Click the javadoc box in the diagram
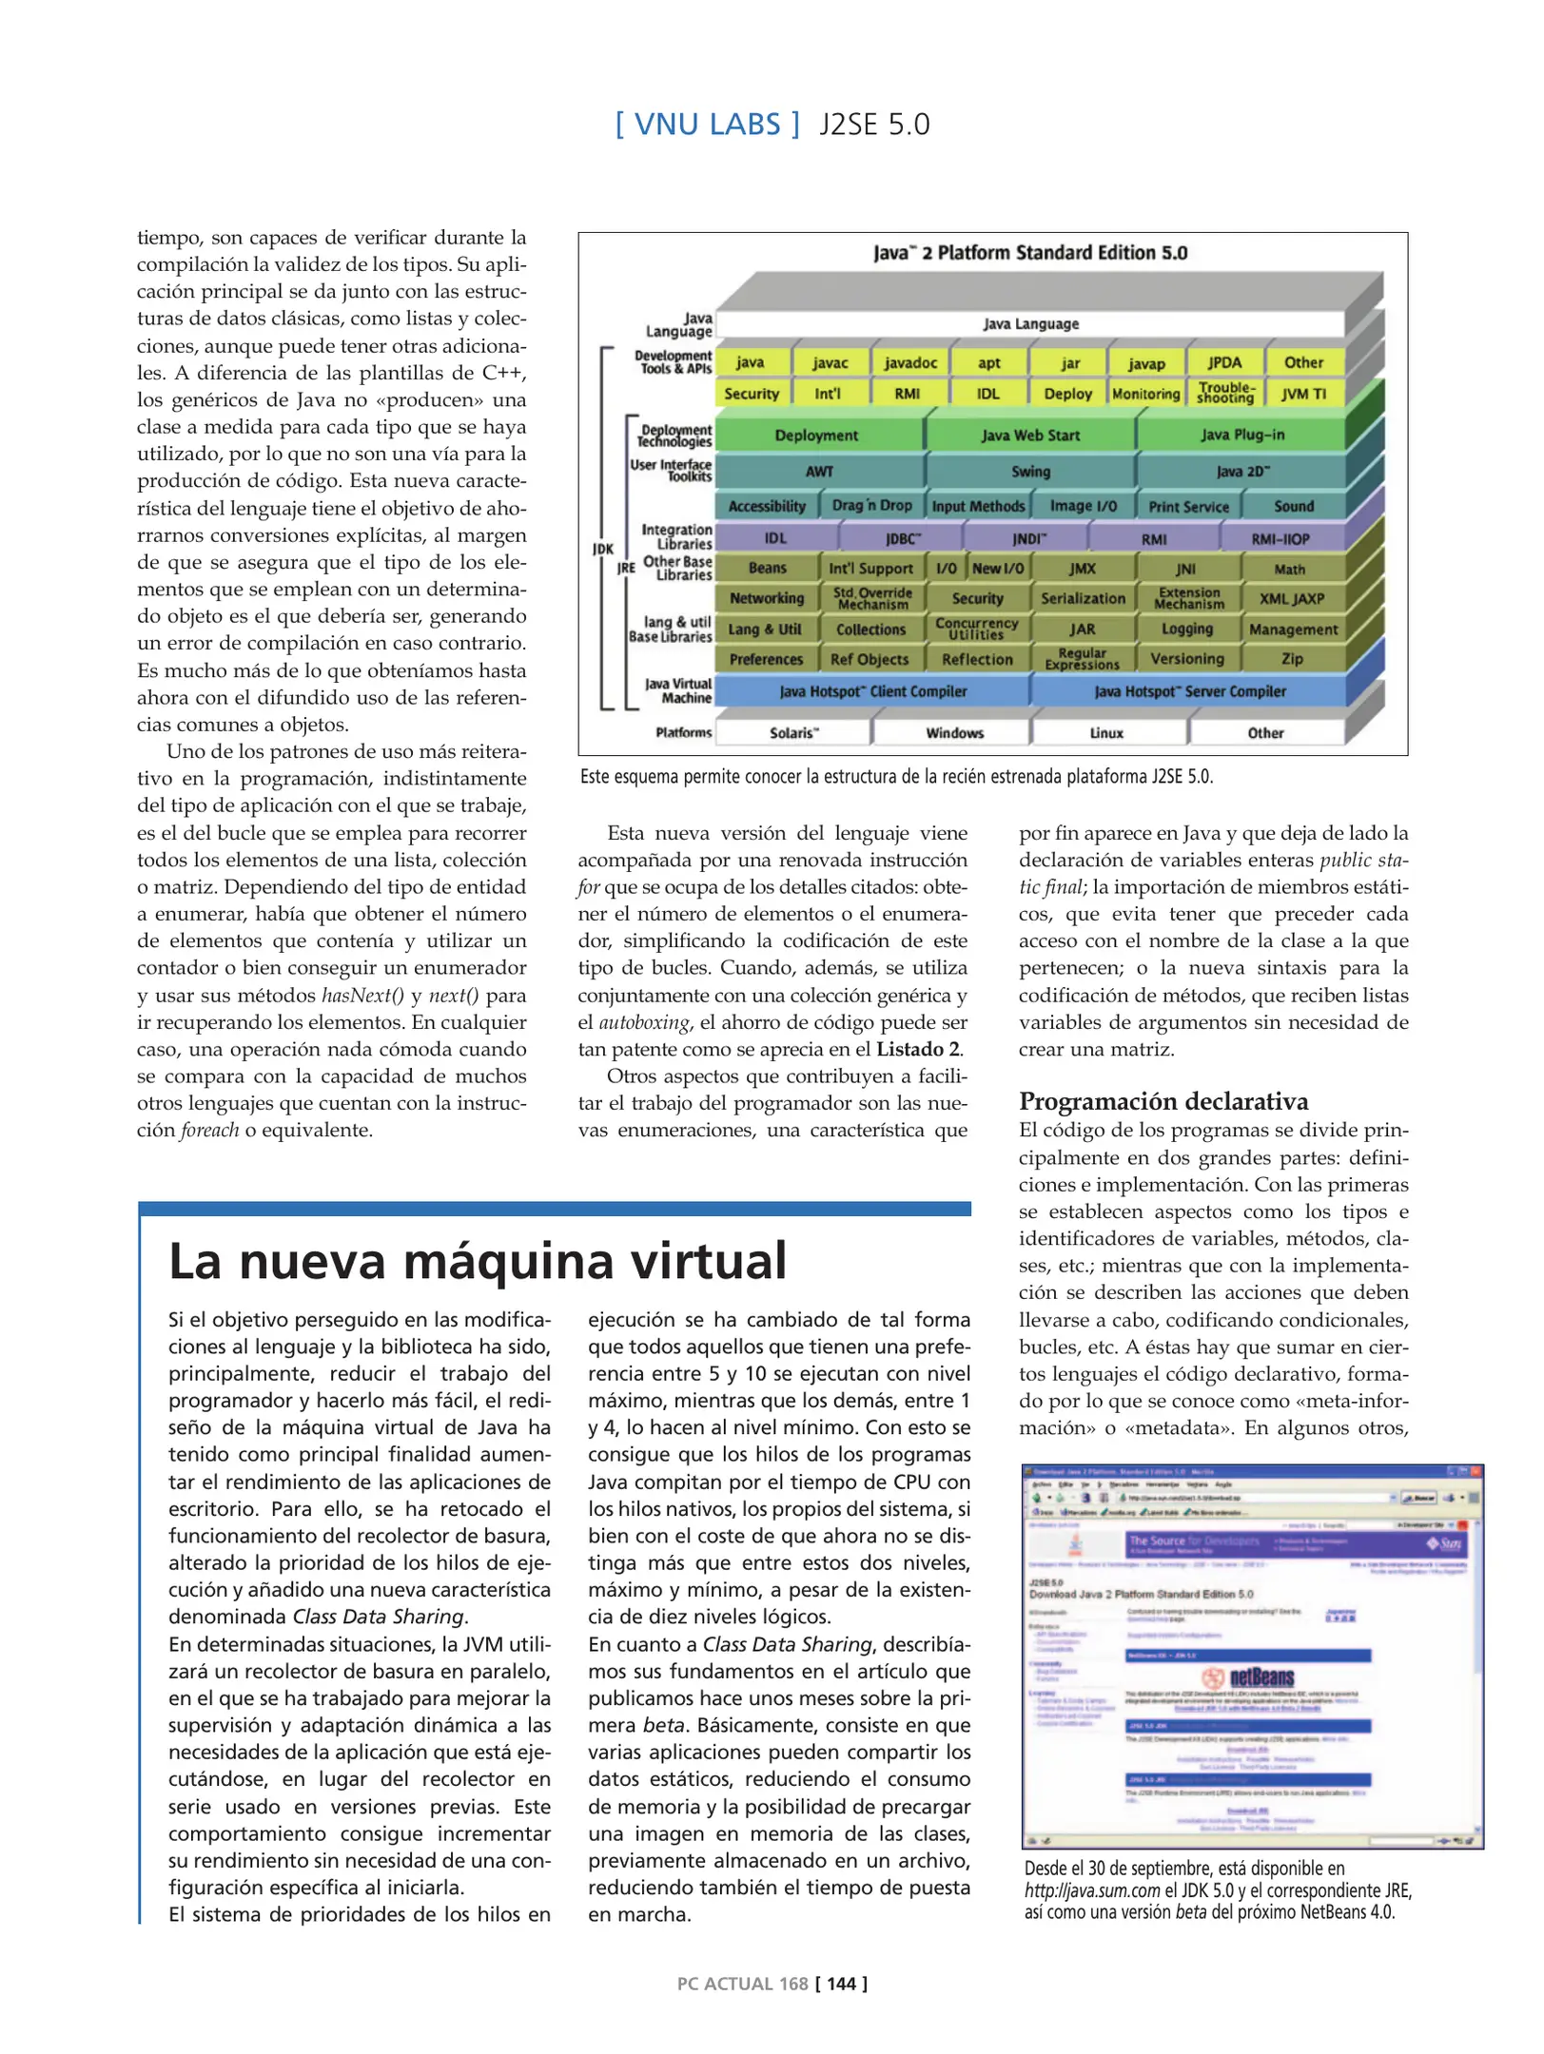tap(910, 362)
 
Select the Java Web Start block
tap(1030, 436)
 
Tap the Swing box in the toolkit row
tap(1030, 472)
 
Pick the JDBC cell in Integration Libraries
tap(903, 539)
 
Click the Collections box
tap(870, 630)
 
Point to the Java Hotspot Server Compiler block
tap(1189, 691)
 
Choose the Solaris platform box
tap(793, 733)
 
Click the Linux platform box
tap(1106, 733)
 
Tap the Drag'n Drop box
tap(871, 506)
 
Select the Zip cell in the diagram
tap(1292, 659)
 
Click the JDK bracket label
tap(603, 549)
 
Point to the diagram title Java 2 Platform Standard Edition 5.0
tap(1030, 253)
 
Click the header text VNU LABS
tap(707, 125)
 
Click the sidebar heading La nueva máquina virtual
tap(478, 1262)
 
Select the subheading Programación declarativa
tap(1163, 1101)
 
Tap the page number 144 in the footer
tap(841, 1984)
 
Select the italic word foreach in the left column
tap(209, 1130)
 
